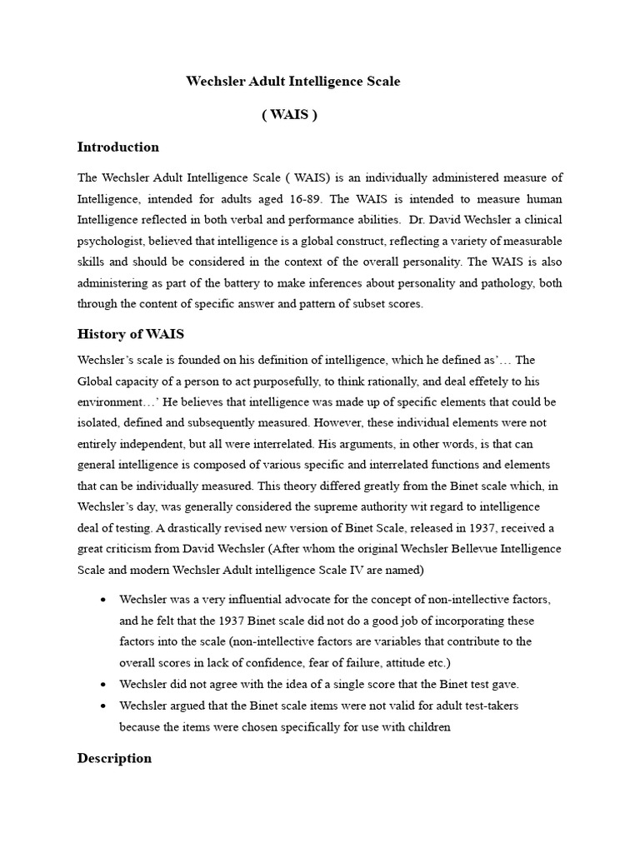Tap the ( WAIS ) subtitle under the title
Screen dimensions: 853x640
(x=289, y=115)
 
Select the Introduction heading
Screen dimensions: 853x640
(x=117, y=147)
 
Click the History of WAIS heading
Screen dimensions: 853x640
(x=131, y=334)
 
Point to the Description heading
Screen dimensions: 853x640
(x=114, y=758)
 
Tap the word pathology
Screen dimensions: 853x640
(x=502, y=283)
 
